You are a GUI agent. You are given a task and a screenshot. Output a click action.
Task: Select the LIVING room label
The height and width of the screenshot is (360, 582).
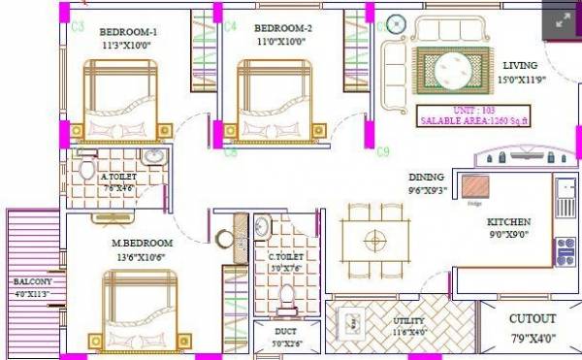520,65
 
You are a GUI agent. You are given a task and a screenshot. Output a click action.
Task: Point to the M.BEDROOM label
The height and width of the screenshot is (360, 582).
142,242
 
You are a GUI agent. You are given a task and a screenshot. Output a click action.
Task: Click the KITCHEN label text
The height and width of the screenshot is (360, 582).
509,222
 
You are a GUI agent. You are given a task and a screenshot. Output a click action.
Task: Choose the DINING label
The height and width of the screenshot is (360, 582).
427,177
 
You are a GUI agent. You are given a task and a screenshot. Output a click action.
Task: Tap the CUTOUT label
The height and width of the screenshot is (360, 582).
533,318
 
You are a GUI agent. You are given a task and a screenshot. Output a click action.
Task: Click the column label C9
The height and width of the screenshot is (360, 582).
383,151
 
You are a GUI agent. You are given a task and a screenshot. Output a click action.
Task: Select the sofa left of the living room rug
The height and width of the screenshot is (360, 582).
394,66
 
